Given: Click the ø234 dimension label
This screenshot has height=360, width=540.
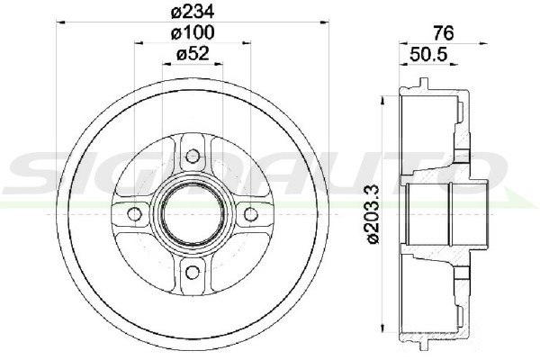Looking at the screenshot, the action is point(193,12).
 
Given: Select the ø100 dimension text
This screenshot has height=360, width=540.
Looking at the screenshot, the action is point(193,33).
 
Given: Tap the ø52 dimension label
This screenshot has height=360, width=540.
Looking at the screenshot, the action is point(193,54).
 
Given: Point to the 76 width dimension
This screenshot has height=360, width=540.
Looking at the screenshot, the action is point(444,33).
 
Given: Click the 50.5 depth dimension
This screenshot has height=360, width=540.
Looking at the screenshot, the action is point(428,54).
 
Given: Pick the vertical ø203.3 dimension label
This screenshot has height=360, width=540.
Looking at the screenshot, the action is point(373,214).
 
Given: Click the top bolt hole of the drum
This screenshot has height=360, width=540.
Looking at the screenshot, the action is point(193,157).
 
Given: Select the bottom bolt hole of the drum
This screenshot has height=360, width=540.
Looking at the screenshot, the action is point(193,273).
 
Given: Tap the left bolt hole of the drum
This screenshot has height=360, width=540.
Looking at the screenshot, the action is point(134,214).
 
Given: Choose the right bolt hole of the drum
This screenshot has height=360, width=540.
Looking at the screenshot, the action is point(251,214).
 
